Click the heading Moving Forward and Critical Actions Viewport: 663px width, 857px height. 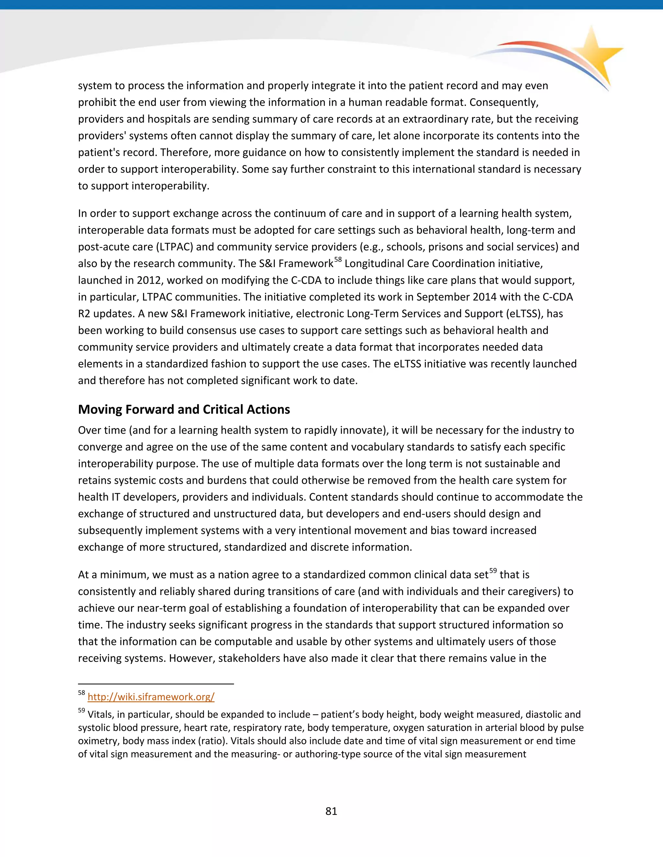[184, 409]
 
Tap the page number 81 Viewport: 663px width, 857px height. [331, 811]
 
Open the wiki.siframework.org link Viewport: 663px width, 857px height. [151, 697]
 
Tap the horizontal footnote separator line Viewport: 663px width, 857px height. [156, 684]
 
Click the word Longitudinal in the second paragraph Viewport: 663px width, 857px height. [375, 264]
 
